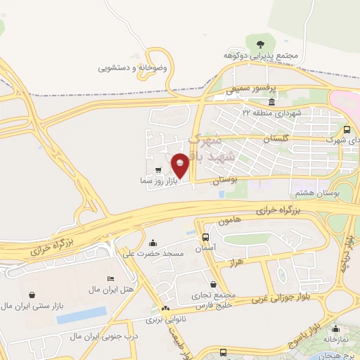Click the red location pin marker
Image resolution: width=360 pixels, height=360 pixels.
[x=181, y=165]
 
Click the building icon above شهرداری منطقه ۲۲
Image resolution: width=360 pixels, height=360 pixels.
[x=271, y=103]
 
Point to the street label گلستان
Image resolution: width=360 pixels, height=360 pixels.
[x=276, y=140]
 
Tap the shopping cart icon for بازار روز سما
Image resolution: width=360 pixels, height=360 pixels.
[x=159, y=170]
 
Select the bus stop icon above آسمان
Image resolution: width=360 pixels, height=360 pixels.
[x=205, y=238]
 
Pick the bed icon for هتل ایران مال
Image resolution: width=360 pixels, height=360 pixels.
[x=109, y=278]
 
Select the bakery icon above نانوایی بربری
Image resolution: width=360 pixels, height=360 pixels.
[x=166, y=309]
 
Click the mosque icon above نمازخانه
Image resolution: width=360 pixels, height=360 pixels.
[x=335, y=328]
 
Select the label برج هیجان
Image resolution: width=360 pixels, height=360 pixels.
[x=340, y=355]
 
